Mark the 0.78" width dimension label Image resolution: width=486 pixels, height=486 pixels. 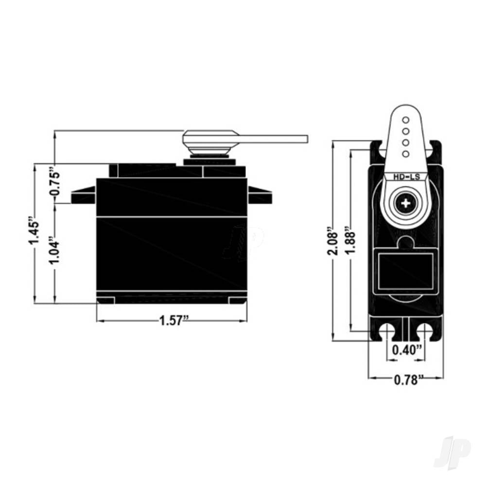(x=405, y=380)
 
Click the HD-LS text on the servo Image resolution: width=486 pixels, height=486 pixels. (x=405, y=178)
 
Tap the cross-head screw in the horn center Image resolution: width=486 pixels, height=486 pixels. (x=405, y=203)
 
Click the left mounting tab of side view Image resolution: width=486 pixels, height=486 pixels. (x=83, y=195)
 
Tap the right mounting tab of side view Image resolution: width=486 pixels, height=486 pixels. (x=260, y=195)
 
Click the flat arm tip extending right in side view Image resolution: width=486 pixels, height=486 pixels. (x=292, y=139)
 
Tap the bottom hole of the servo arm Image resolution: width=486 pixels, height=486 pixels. (x=405, y=154)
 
